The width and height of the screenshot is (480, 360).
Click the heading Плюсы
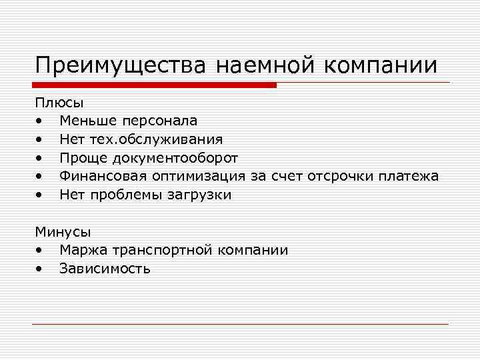(59, 103)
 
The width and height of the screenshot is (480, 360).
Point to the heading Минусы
(63, 232)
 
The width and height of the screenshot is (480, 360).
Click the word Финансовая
(103, 176)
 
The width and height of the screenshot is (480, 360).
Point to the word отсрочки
(340, 176)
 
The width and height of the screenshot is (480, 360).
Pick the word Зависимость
(105, 269)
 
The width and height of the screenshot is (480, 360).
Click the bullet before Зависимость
(41, 269)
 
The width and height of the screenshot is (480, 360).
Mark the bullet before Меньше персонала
(41, 121)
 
